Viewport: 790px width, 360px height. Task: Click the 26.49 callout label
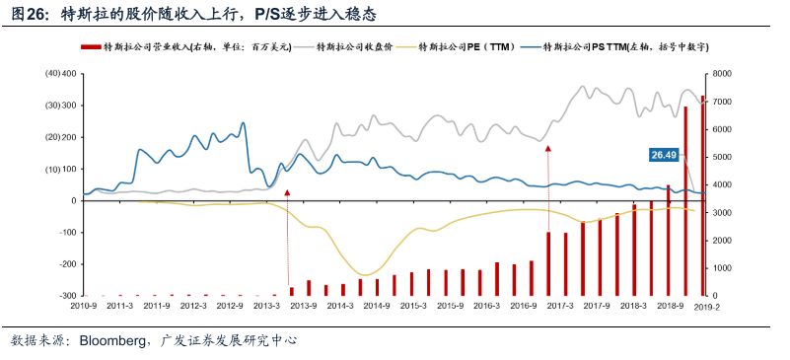click(664, 155)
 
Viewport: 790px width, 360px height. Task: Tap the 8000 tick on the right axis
click(721, 74)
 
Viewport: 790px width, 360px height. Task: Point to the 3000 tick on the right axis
click(721, 212)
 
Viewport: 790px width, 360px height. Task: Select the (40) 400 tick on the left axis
click(61, 74)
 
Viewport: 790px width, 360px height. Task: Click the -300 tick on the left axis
click(68, 296)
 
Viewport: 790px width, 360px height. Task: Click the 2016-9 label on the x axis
click(523, 306)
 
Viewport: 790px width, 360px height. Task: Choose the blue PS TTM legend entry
click(611, 46)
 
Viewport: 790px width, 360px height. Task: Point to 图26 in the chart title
click(31, 15)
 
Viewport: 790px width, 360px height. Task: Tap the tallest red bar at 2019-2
click(702, 197)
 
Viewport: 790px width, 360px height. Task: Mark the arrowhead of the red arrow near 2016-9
click(548, 148)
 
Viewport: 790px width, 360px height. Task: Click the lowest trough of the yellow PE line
click(367, 275)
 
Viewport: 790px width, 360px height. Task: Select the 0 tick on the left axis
click(73, 200)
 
